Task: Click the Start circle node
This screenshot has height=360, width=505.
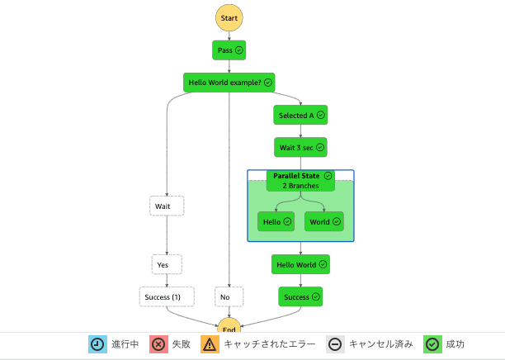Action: click(229, 17)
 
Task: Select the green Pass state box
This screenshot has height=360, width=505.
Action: click(229, 50)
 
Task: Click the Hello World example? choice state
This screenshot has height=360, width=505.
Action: click(229, 83)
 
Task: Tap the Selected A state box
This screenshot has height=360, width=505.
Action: click(300, 115)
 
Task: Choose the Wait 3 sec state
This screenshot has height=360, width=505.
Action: click(300, 148)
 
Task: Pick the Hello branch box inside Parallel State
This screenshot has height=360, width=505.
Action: click(276, 221)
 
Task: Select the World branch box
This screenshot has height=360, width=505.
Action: click(324, 221)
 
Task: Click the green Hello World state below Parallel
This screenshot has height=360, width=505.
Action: click(300, 264)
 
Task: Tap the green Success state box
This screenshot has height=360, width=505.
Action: click(300, 296)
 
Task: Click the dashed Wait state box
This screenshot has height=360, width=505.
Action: click(168, 206)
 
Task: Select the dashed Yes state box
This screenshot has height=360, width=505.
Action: click(167, 264)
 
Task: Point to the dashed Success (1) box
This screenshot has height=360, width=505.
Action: click(167, 296)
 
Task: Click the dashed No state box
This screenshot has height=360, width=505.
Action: click(229, 296)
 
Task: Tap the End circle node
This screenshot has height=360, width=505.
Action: click(229, 327)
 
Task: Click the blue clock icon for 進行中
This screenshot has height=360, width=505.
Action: click(98, 344)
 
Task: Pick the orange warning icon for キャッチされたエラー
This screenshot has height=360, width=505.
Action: click(210, 344)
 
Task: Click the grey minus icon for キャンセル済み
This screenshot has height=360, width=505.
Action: click(336, 344)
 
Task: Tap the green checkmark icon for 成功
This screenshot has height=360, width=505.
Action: click(432, 344)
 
